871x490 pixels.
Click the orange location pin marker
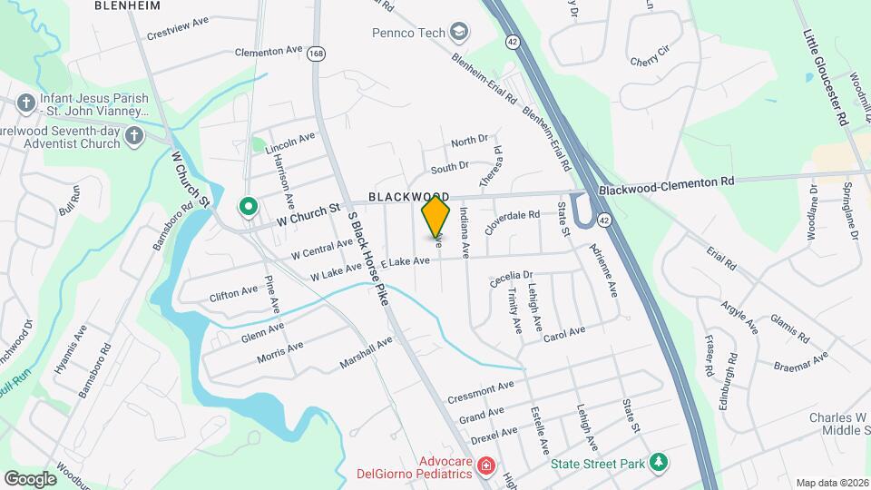tap(436, 216)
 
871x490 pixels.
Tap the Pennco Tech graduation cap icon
tap(460, 33)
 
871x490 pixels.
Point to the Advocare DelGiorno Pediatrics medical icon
tap(486, 465)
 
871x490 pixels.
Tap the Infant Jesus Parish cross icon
tap(24, 103)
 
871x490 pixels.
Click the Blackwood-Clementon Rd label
tap(666, 183)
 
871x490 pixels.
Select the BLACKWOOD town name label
tap(408, 197)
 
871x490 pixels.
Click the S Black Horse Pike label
tap(367, 258)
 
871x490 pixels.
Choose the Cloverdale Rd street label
tap(512, 221)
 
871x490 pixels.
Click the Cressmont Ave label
tap(481, 394)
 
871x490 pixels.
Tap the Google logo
tap(30, 478)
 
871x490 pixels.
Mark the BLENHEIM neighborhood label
tap(128, 5)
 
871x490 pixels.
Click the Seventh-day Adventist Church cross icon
tap(134, 137)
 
